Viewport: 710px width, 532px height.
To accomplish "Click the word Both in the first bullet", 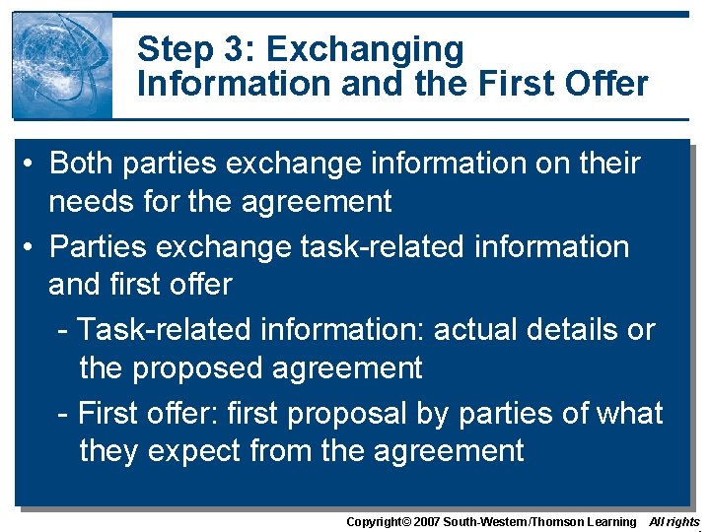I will pos(81,163).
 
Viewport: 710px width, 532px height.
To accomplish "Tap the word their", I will pos(606,163).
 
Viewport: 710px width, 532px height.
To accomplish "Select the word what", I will pos(631,412).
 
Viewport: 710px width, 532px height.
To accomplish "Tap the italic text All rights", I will pos(674,522).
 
